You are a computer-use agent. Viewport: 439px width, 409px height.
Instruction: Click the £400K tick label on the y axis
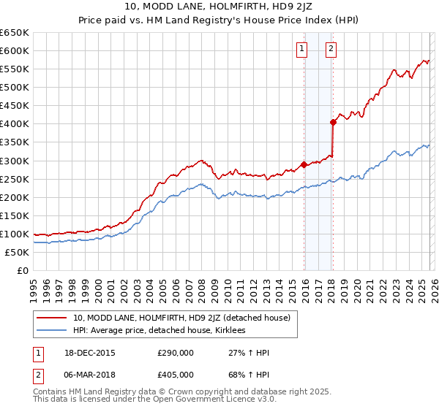point(14,123)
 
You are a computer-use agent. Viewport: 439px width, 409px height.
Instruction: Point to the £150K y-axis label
point(14,215)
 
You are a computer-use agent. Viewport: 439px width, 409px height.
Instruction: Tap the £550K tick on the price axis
point(14,69)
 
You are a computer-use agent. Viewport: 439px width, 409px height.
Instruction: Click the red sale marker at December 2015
point(304,164)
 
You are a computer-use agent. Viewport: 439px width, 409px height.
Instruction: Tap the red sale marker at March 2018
point(332,122)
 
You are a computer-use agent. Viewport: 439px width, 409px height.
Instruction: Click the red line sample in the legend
point(53,318)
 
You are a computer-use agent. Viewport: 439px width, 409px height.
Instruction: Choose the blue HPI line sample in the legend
point(53,330)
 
